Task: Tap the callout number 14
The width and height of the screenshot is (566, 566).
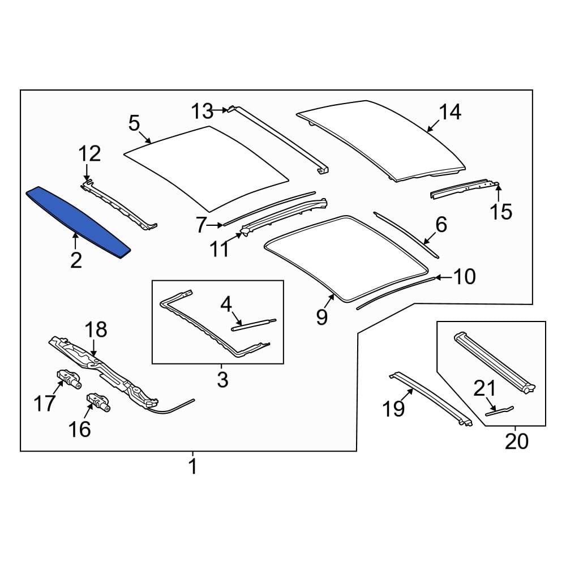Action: click(450, 112)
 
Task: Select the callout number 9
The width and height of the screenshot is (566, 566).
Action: click(321, 317)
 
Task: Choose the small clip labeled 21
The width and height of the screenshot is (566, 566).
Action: click(500, 410)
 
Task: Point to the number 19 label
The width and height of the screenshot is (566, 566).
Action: click(393, 408)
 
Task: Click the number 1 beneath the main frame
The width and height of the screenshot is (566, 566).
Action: click(192, 467)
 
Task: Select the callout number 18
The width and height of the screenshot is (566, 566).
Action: click(96, 330)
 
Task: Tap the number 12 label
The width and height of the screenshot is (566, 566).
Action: click(89, 153)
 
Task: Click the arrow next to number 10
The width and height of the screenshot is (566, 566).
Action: click(444, 277)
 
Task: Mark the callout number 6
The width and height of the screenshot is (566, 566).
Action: click(441, 225)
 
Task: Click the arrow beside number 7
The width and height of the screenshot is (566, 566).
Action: click(217, 225)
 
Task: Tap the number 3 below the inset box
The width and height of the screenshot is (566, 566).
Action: click(222, 379)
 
